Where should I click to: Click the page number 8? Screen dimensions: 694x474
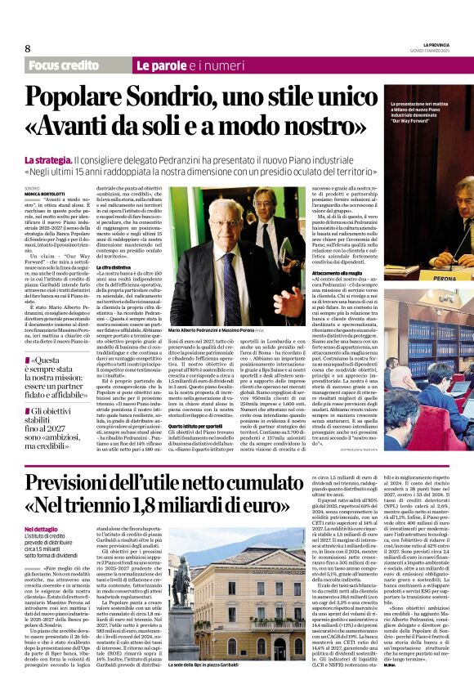pos(27,48)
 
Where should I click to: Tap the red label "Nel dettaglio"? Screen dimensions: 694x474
pos(42,529)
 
